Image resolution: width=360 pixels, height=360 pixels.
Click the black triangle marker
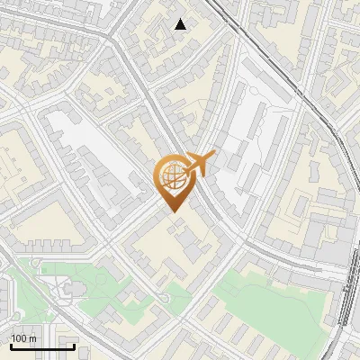tap(181, 24)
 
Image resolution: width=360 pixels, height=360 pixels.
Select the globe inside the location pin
tap(171, 176)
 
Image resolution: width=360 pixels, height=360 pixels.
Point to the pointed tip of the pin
tap(172, 212)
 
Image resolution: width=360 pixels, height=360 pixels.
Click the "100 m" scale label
tap(23, 338)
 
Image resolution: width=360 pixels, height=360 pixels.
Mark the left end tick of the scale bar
tap(10, 345)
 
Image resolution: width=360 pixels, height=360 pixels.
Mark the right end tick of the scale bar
tap(74, 345)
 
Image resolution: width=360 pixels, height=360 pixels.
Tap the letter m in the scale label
tap(32, 338)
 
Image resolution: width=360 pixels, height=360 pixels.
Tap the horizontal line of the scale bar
tap(41, 346)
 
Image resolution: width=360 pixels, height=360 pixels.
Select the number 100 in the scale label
tap(19, 338)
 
